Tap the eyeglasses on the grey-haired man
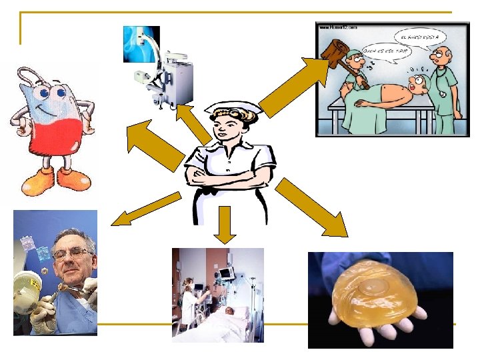pyautogui.click(x=71, y=253)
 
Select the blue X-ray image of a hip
pyautogui.click(x=141, y=44)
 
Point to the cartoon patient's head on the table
pyautogui.click(x=417, y=84)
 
